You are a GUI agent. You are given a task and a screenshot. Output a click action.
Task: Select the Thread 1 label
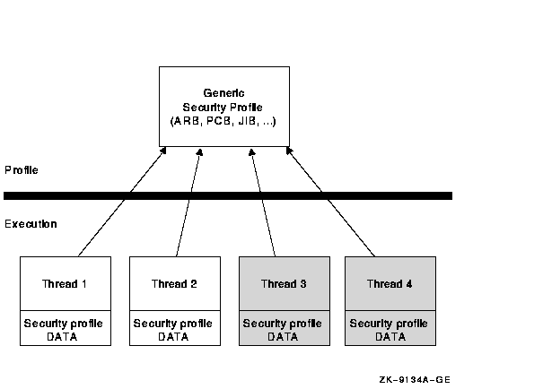(65, 284)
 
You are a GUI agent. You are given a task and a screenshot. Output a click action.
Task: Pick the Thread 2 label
(174, 284)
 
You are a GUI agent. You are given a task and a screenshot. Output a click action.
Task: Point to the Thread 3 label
(284, 284)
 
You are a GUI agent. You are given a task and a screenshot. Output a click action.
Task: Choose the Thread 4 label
(390, 284)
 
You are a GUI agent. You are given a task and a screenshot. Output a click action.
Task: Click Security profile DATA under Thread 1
(65, 329)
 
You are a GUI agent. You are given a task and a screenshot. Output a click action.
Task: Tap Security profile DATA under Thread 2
(174, 329)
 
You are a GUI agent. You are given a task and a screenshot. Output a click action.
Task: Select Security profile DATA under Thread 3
(284, 329)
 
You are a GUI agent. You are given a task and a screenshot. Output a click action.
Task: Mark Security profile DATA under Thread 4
(390, 329)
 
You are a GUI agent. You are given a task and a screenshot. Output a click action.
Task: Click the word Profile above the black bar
(21, 169)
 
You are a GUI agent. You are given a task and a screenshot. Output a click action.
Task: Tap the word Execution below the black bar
(31, 224)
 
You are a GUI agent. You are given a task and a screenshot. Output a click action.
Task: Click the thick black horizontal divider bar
(228, 195)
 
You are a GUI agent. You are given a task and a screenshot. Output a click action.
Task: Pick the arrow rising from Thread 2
(186, 215)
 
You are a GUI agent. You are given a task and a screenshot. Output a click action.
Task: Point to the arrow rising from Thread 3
(264, 215)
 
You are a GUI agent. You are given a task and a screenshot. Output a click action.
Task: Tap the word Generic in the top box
(225, 93)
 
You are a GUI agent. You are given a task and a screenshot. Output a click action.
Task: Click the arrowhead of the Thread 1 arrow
(163, 151)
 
